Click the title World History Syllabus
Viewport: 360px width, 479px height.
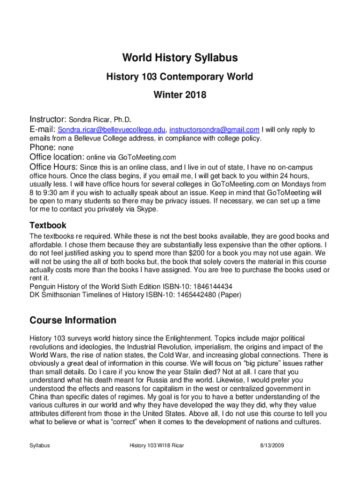(180, 58)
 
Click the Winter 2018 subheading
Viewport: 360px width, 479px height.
(180, 95)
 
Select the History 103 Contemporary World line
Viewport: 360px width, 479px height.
(180, 77)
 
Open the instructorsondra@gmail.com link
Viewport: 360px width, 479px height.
(214, 130)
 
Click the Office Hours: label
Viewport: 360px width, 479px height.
(54, 167)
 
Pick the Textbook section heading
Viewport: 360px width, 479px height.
(48, 225)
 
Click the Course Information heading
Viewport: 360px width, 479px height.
(73, 320)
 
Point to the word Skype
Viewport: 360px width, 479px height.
(149, 210)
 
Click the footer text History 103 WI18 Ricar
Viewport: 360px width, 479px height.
(157, 446)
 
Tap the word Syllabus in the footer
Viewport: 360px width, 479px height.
(40, 446)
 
